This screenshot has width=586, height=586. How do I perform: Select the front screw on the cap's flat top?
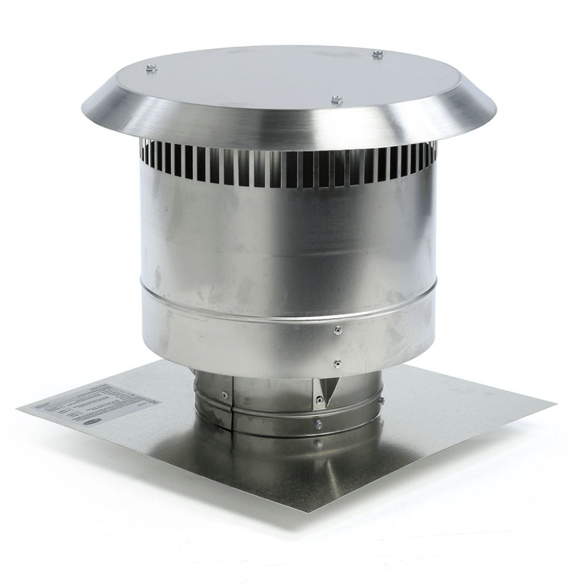[335, 99]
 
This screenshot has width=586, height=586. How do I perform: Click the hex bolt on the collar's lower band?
[317, 424]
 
